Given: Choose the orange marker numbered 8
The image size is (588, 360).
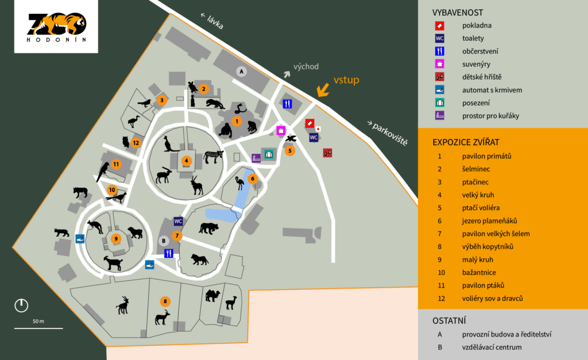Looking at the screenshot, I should (165, 301).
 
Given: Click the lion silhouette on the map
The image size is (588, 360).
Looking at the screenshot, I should (199, 260).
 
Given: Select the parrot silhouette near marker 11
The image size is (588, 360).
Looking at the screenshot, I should (103, 171).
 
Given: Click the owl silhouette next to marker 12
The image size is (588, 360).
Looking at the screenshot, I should (126, 142).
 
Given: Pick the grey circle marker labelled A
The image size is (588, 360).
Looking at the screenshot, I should (242, 71).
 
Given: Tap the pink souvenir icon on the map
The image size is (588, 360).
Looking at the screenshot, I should (281, 130).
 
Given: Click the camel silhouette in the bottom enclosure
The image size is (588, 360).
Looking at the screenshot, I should (212, 295).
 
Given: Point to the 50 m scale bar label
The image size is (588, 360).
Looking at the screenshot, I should (38, 321).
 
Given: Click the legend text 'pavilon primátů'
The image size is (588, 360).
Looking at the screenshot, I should (486, 156).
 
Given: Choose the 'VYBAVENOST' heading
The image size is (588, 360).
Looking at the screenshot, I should (458, 12).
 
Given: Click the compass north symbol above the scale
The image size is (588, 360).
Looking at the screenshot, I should (21, 305).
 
